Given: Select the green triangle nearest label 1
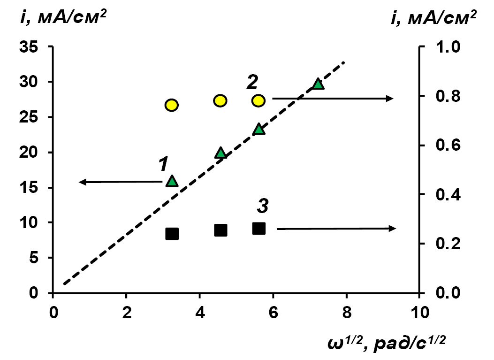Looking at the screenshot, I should click(172, 181).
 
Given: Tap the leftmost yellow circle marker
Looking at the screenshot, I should click(172, 105).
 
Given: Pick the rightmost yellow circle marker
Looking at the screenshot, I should click(258, 100).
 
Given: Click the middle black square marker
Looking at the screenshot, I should click(220, 230).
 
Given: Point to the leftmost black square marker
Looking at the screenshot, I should click(172, 233).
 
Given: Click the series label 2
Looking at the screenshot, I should click(252, 83).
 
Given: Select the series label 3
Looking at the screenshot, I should click(263, 205).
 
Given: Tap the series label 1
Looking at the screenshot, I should click(162, 164).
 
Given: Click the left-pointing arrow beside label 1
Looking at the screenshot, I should click(120, 182).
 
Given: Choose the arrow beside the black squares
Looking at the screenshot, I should click(336, 229).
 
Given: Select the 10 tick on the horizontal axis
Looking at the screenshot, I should click(419, 311).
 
